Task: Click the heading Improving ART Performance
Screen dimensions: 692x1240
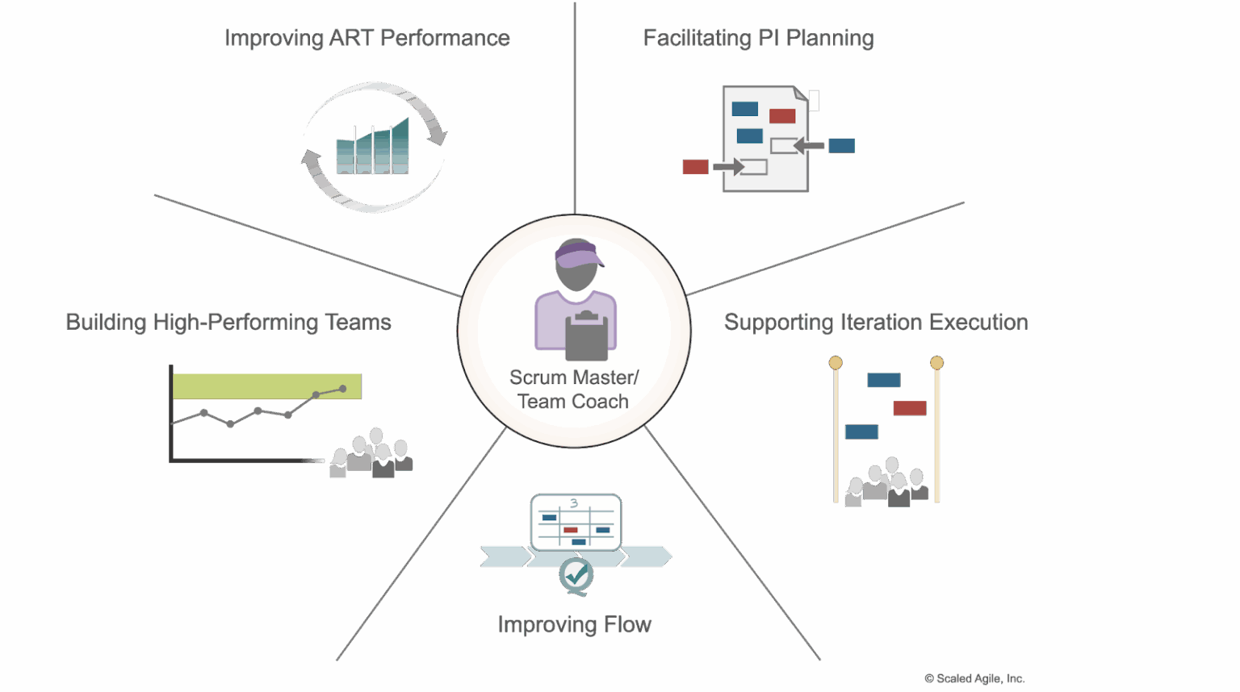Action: (367, 38)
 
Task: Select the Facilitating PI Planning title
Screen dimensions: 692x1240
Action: (758, 38)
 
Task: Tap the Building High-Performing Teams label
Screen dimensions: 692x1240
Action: (228, 322)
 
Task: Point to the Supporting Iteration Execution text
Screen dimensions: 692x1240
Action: (876, 322)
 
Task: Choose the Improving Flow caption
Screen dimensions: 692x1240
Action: (575, 624)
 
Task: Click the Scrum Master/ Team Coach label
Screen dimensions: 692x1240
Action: (573, 390)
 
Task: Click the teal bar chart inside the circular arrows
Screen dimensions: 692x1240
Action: (373, 148)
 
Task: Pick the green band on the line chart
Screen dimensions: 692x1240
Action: (266, 386)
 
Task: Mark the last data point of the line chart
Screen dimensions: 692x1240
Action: (343, 389)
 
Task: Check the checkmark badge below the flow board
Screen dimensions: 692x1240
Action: (576, 574)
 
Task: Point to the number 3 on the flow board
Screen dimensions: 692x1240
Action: (574, 503)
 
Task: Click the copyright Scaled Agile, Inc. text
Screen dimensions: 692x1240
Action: (974, 678)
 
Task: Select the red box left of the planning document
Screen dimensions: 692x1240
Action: (695, 166)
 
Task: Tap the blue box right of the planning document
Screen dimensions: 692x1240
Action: (841, 145)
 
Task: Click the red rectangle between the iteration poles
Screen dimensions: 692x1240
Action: (909, 408)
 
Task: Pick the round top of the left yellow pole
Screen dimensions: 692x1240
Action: (836, 363)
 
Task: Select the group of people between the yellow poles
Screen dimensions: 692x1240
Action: (886, 484)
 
